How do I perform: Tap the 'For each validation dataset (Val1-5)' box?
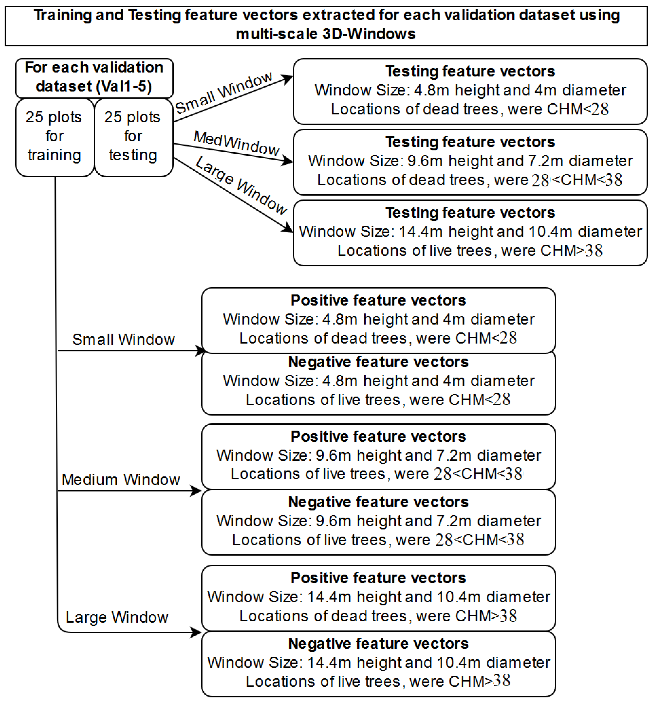coord(94,77)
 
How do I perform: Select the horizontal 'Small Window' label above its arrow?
coord(123,339)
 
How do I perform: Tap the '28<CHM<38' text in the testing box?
coord(577,180)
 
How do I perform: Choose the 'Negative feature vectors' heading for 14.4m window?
coord(378,644)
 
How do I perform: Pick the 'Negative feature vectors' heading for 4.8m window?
coord(378,362)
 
